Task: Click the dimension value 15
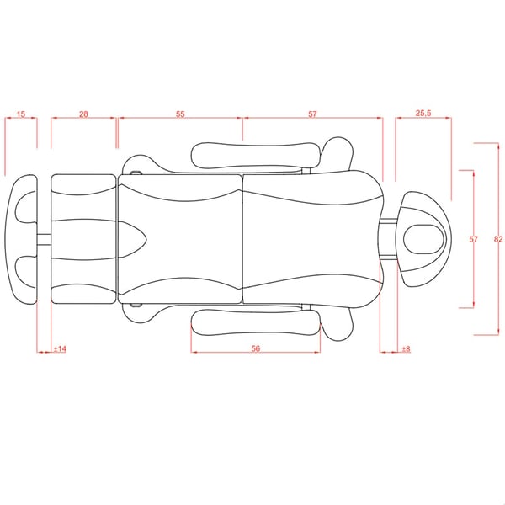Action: pos(21,114)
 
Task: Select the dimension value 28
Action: pos(83,114)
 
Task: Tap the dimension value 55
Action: pos(180,114)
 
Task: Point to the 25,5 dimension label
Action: pos(423,114)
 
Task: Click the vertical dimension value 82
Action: pos(498,239)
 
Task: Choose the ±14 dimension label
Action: pos(60,348)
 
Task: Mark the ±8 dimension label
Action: pos(407,348)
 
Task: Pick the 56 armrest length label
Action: pos(255,348)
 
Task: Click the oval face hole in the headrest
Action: pos(423,239)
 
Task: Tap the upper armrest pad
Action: pos(256,156)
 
